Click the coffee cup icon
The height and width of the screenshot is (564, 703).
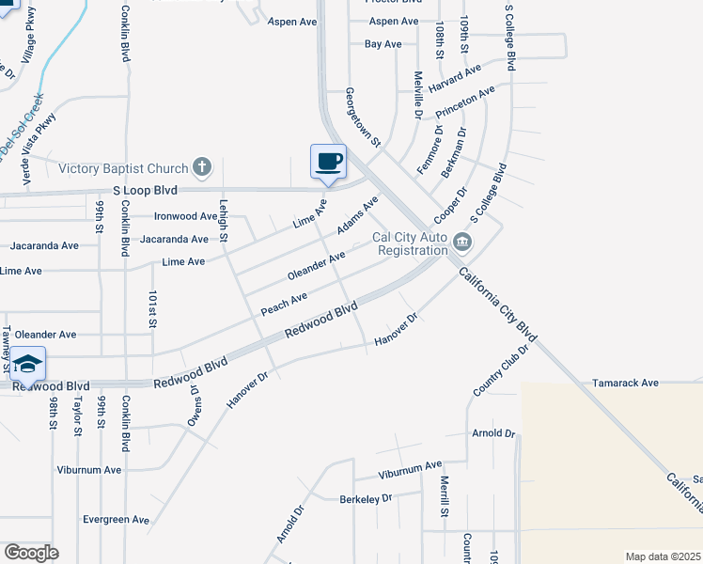click(328, 161)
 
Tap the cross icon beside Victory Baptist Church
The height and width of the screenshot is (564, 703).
click(200, 168)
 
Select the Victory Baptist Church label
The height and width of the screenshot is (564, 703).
click(123, 169)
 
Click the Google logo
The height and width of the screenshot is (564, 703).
click(31, 553)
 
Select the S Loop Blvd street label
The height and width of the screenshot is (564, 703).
click(145, 190)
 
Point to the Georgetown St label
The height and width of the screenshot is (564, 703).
click(361, 117)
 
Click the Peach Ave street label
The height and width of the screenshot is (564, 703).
click(284, 303)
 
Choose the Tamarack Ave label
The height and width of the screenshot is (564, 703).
click(625, 384)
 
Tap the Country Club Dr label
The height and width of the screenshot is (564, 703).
click(503, 368)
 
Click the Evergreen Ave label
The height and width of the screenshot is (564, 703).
click(116, 519)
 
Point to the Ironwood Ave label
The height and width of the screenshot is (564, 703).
click(185, 216)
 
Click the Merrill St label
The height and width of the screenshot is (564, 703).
click(444, 494)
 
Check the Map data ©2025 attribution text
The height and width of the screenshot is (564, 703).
click(662, 556)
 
